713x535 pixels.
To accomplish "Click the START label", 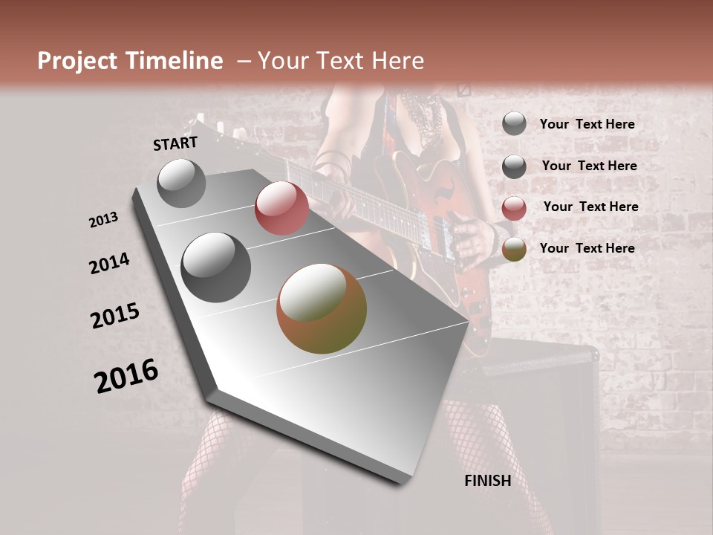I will [175, 143].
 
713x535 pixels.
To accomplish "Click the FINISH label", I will [487, 481].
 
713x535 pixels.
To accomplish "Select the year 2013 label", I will [104, 220].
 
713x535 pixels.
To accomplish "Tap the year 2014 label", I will [109, 263].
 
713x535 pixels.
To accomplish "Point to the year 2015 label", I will [115, 316].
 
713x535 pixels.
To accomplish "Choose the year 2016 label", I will [126, 376].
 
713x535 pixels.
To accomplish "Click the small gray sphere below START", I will [181, 184].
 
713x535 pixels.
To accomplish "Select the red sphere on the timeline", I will [281, 208].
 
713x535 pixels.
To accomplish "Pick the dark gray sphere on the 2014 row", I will [216, 267].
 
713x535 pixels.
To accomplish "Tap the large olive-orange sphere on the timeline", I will [322, 308].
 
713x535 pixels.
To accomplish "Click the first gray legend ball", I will [514, 124].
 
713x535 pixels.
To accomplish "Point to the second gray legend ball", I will [514, 166].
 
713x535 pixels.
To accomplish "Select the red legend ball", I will [514, 208].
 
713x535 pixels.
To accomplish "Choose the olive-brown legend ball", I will [514, 249].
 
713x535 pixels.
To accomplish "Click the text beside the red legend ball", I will [590, 207].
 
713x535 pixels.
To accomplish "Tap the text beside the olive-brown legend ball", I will [587, 248].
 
